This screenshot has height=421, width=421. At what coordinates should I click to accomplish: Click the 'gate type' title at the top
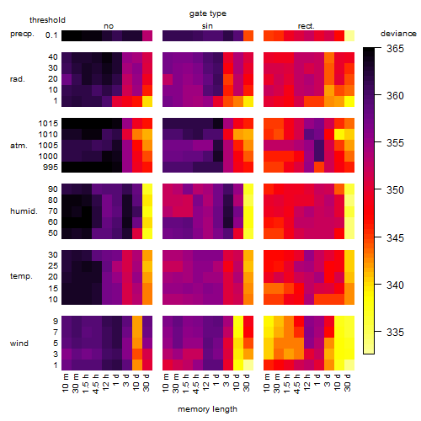[208, 13]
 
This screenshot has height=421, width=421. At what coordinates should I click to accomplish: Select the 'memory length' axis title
[207, 409]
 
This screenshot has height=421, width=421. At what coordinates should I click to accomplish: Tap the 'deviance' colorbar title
[398, 34]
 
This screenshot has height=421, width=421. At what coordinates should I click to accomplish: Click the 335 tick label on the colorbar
[395, 333]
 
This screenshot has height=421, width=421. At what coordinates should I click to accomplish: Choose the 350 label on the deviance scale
[395, 190]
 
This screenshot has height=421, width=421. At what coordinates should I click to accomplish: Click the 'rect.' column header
[306, 26]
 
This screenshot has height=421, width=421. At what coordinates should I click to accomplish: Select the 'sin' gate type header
[207, 26]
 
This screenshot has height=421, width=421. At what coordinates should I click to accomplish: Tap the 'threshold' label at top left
[47, 20]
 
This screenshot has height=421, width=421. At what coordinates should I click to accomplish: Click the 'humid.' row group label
[24, 211]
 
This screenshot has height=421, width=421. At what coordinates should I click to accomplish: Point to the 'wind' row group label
[19, 344]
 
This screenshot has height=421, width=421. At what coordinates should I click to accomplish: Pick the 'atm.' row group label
[19, 146]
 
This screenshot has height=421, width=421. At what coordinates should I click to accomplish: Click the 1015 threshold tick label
[48, 124]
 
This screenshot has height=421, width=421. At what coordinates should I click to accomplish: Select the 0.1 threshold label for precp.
[51, 35]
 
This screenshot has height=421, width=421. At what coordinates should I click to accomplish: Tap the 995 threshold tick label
[51, 168]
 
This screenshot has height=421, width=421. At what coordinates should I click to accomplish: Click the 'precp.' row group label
[22, 34]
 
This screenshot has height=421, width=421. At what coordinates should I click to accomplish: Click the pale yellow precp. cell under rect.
[349, 36]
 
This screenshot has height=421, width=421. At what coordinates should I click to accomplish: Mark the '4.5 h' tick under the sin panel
[196, 384]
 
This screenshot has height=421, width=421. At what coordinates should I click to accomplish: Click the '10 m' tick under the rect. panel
[267, 383]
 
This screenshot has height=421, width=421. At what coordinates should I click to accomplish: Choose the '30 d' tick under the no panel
[146, 383]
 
